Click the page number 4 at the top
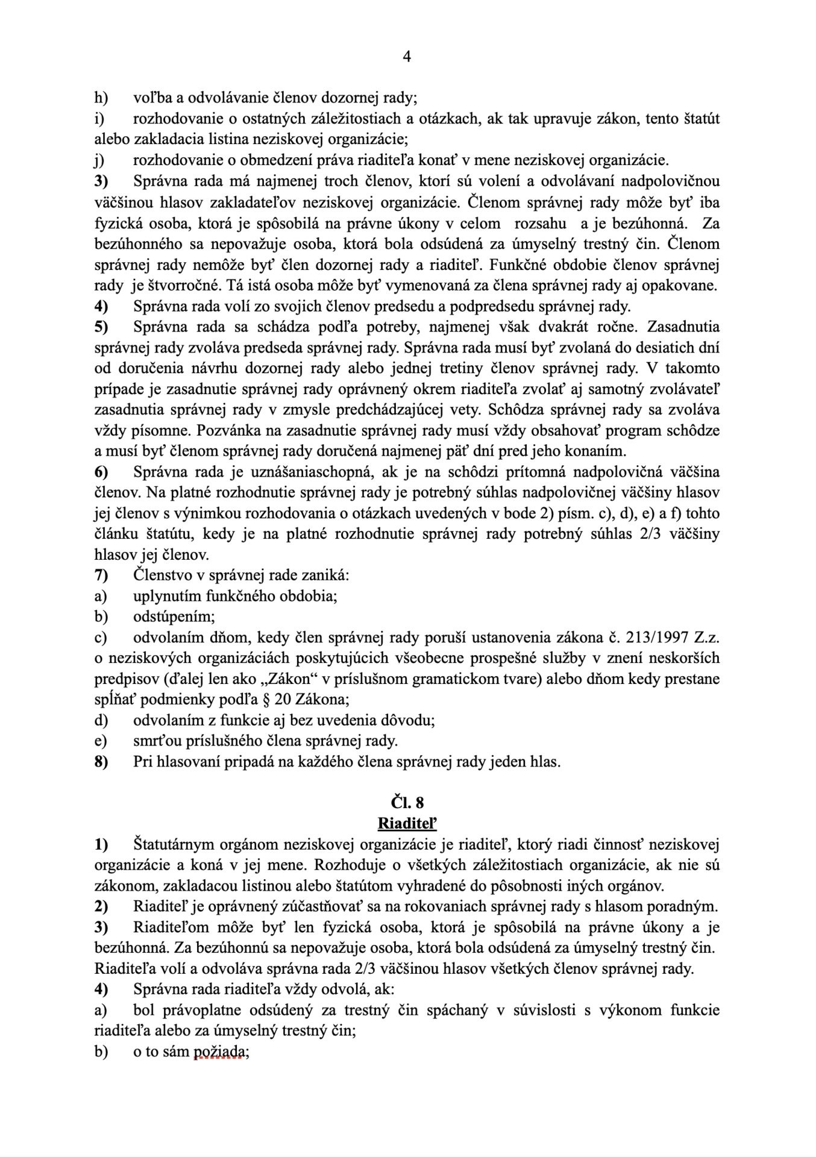407,57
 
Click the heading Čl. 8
407,803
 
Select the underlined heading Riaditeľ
407,823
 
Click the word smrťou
157,741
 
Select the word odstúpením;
174,616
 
